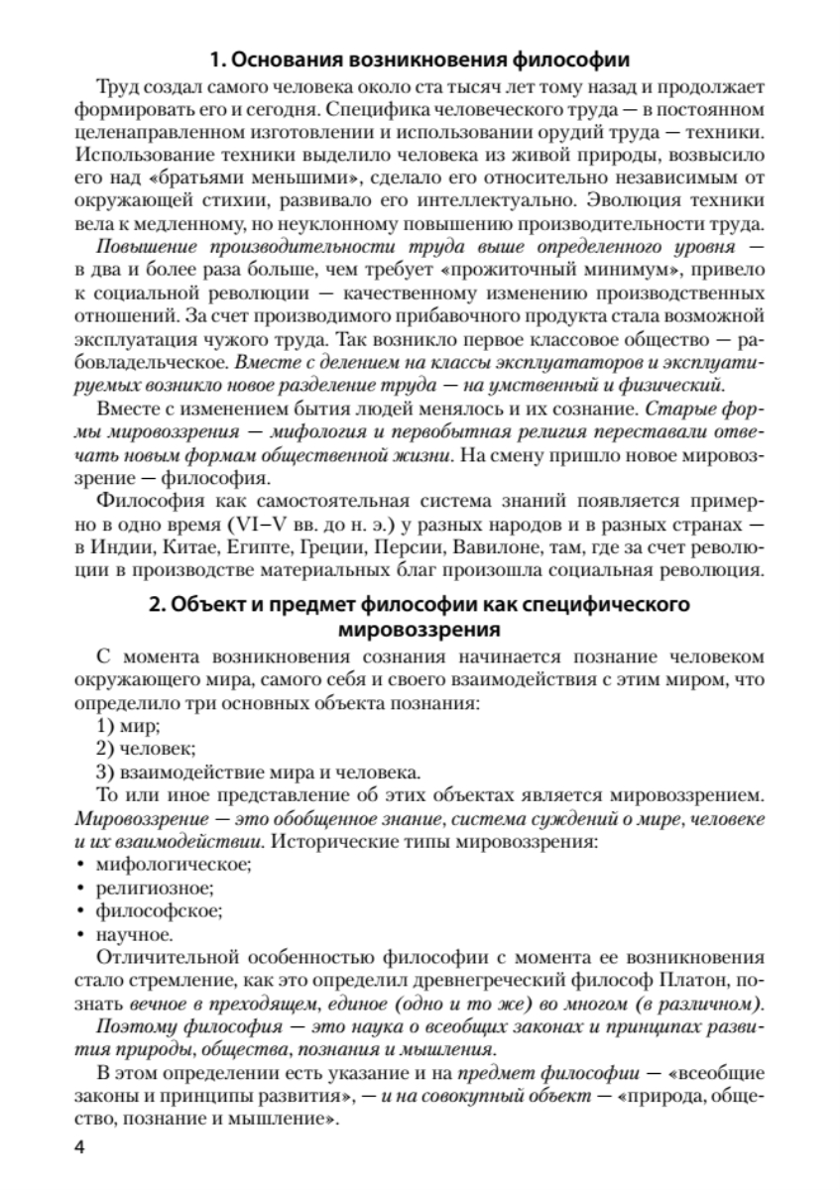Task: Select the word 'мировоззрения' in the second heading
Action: coord(420,628)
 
